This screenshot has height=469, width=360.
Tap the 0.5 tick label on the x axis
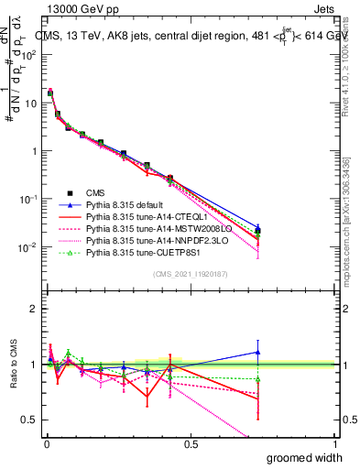(x=191, y=443)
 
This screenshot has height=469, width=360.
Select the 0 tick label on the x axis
(x=46, y=443)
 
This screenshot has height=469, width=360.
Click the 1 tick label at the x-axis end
(x=335, y=443)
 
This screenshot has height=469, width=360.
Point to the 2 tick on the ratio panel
(x=33, y=309)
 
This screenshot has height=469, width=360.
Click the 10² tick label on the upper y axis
(x=27, y=55)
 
